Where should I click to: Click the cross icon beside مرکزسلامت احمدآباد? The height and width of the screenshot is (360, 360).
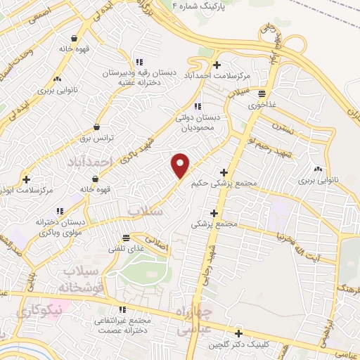pyautogui.click(x=218, y=64)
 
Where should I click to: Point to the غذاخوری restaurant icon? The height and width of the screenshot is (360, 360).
pyautogui.click(x=262, y=93)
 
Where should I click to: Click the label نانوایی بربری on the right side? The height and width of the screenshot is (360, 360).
pyautogui.click(x=317, y=181)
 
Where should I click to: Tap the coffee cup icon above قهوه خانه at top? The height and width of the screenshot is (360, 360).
pyautogui.click(x=75, y=39)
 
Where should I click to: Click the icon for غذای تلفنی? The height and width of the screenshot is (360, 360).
pyautogui.click(x=125, y=238)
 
